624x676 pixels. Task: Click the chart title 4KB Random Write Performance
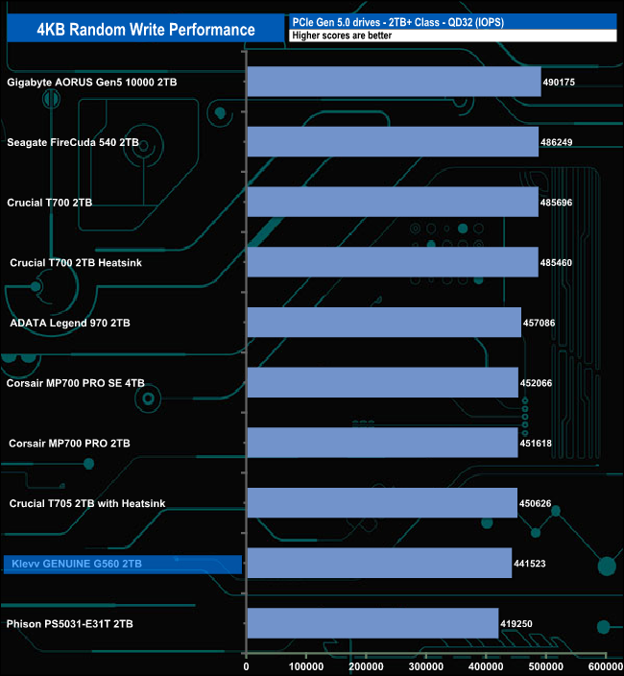point(146,30)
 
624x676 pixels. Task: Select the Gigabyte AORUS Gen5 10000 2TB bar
point(395,82)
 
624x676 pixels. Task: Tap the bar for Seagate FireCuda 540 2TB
point(393,142)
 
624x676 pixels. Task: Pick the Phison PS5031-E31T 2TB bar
point(372,623)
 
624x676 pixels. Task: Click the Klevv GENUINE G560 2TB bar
point(379,563)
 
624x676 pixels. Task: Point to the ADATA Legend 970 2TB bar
point(384,323)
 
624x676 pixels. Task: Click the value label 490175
point(559,82)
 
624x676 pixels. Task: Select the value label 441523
point(530,564)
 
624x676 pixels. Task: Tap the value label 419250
point(516,624)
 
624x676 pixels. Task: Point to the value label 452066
point(536,383)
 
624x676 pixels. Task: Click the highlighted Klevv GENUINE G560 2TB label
point(77,564)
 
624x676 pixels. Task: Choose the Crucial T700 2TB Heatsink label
point(76,262)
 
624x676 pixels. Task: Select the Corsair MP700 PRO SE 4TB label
point(76,383)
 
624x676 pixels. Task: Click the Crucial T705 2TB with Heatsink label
point(87,503)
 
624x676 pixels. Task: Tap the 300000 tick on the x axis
point(426,666)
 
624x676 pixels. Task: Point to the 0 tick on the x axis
point(246,666)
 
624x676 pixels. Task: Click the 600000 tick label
point(606,666)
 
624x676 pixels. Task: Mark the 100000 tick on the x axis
point(306,666)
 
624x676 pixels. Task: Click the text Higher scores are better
point(342,36)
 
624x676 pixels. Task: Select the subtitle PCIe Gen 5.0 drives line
point(398,22)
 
